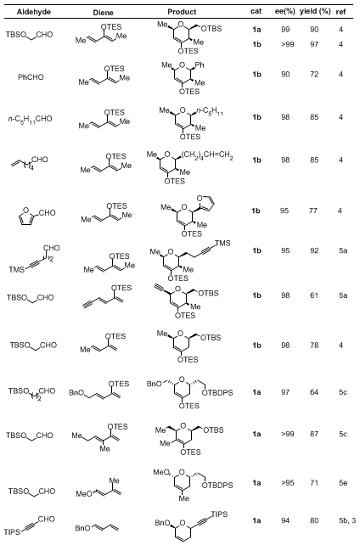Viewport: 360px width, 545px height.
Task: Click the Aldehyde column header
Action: pos(34,12)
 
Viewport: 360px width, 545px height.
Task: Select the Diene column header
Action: pos(104,13)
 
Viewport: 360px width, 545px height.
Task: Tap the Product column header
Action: pos(182,12)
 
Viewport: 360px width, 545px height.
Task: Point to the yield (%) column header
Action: pos(315,11)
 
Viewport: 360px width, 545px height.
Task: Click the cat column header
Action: pos(256,11)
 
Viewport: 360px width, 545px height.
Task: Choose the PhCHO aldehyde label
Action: pos(31,76)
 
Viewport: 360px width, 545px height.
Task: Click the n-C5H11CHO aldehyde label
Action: pos(31,119)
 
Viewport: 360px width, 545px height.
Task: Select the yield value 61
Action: pos(314,295)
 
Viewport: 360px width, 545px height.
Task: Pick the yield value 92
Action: pos(314,250)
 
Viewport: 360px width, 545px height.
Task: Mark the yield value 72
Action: pos(314,75)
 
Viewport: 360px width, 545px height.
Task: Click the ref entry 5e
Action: pos(343,483)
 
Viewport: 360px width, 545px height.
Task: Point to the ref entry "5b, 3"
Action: pos(346,520)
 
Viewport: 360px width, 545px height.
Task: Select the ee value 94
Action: pos(285,520)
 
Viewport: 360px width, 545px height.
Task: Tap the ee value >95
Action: pos(288,483)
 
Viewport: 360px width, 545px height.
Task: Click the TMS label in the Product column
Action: pos(222,243)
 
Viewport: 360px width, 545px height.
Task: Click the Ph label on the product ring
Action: pos(200,65)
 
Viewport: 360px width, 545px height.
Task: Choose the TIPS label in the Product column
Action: pos(219,514)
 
